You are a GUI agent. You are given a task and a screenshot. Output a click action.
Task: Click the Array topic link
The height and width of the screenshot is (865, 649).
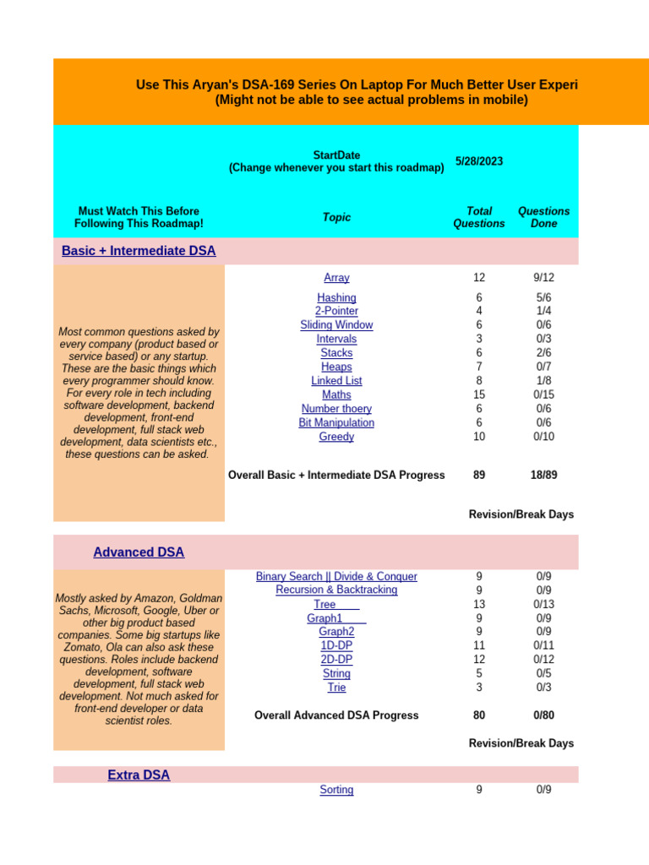click(x=336, y=278)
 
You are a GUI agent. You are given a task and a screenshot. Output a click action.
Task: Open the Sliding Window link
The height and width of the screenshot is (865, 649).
click(x=336, y=325)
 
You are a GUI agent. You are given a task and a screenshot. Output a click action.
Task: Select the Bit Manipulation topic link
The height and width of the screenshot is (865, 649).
click(x=336, y=423)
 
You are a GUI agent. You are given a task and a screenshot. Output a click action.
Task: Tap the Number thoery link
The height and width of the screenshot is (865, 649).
click(x=336, y=409)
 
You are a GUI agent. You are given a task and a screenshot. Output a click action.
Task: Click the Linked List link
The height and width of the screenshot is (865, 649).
click(x=336, y=381)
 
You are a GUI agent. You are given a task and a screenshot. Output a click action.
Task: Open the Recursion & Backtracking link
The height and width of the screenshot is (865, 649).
click(x=336, y=590)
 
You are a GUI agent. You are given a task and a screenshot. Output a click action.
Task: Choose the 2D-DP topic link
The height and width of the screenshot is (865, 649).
click(x=336, y=660)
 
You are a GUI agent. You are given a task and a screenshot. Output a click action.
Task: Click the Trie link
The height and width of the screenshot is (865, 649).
click(x=336, y=688)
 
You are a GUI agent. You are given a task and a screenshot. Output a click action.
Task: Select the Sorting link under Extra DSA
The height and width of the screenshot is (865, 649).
click(x=336, y=790)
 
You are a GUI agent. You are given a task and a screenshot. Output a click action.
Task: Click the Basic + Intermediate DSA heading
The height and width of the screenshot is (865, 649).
click(x=139, y=251)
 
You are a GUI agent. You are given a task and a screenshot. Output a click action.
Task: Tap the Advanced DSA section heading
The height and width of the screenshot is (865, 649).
click(x=139, y=552)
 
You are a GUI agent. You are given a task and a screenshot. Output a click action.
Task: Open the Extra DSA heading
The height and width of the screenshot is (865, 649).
click(x=139, y=775)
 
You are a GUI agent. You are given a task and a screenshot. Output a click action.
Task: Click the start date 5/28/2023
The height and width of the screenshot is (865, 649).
click(x=479, y=161)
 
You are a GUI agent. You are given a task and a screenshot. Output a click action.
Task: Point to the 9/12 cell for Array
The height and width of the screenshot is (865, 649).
click(x=543, y=278)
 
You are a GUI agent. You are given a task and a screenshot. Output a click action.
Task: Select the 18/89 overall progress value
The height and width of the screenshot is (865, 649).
click(x=543, y=476)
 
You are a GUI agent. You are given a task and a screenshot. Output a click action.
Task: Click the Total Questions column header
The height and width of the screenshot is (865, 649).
click(x=479, y=217)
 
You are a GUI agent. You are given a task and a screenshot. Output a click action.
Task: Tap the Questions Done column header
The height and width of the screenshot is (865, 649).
click(x=543, y=217)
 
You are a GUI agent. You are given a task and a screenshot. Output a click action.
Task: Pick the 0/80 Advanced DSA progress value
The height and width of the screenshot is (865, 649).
click(x=543, y=715)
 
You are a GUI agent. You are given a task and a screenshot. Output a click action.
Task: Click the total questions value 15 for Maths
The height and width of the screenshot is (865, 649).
click(x=479, y=394)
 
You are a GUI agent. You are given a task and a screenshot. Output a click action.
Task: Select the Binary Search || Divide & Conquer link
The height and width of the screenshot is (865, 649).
click(x=336, y=576)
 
